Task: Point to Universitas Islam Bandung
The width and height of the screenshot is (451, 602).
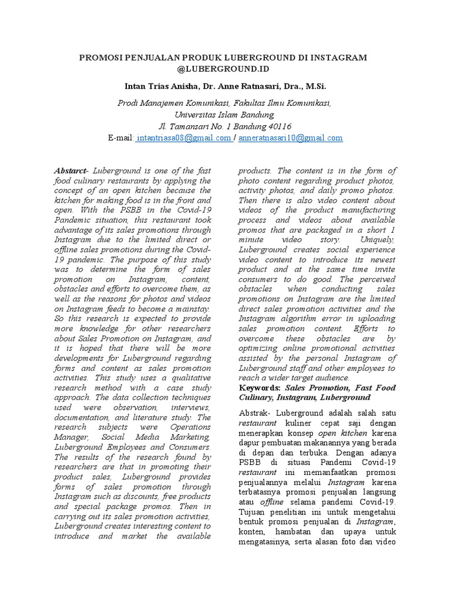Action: pos(225,115)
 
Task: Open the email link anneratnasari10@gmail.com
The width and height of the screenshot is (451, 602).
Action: pos(290,138)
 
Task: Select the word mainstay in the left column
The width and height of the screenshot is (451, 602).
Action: pos(198,307)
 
